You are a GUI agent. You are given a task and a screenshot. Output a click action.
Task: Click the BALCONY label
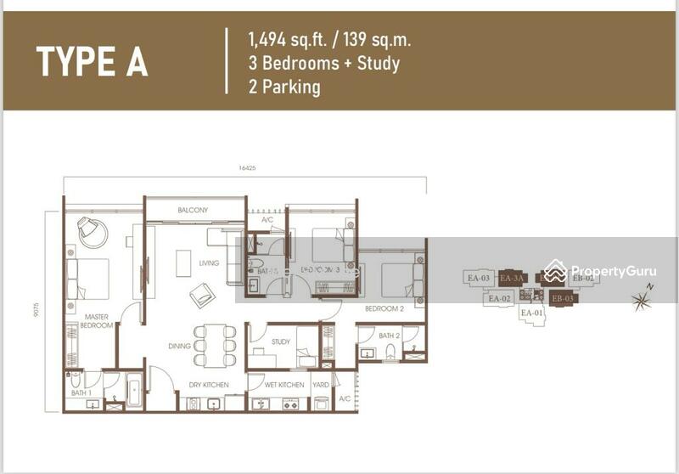pos(193,210)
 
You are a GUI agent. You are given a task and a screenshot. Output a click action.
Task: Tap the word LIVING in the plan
pos(209,263)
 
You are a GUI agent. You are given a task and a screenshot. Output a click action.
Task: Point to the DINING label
pos(179,346)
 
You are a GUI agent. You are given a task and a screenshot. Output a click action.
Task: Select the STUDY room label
pos(281,342)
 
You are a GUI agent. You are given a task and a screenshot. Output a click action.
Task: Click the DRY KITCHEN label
pos(209,385)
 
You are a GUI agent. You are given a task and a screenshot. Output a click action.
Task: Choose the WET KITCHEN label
pos(284,385)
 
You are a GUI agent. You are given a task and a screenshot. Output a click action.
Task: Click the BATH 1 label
pos(81,392)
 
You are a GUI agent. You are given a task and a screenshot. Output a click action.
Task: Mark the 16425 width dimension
pos(247,168)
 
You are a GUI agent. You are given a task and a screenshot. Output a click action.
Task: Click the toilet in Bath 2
pos(390,353)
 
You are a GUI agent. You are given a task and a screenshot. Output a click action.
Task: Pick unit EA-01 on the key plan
pos(531,313)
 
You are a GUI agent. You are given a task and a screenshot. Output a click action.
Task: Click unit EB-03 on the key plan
pos(563,298)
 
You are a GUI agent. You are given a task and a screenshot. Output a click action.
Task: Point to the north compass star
pos(642,298)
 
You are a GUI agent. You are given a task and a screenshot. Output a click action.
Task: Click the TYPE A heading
pos(92,61)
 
